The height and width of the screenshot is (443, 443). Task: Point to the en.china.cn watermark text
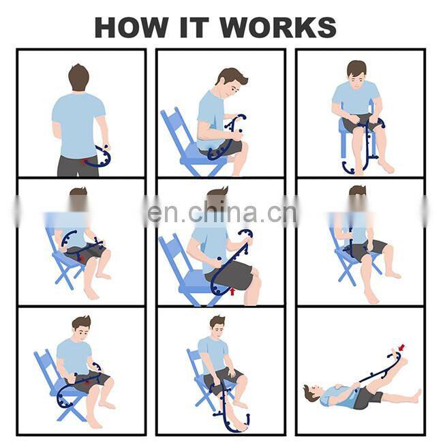221,213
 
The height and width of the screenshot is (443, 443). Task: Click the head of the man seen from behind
78,76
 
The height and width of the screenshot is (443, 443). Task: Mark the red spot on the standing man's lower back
84,161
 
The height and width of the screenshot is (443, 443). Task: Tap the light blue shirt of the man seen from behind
78,123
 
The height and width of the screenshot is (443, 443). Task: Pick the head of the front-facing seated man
356,70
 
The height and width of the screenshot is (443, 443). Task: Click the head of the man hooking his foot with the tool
217,324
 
